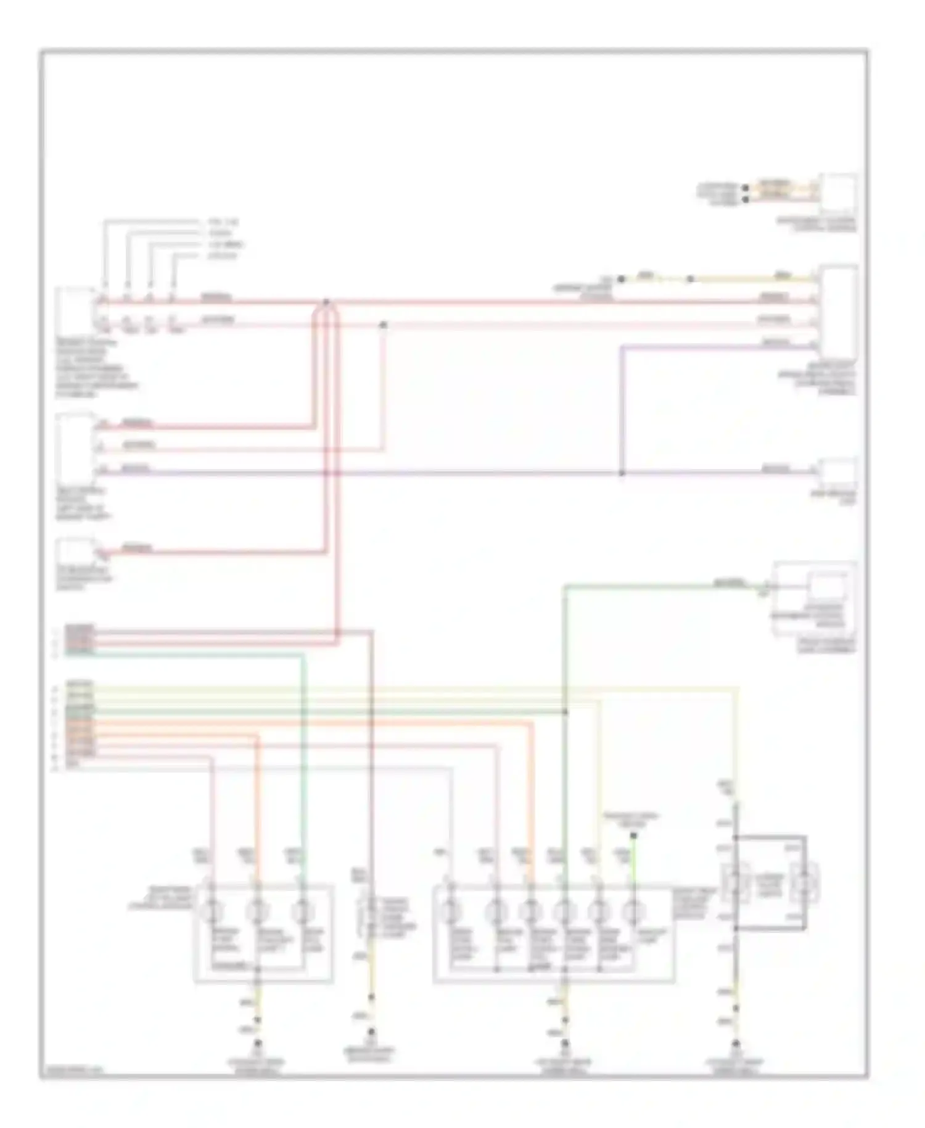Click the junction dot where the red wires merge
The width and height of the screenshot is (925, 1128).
pos(326,302)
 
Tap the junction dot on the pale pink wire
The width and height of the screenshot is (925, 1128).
pos(383,324)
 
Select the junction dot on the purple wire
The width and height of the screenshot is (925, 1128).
pos(622,473)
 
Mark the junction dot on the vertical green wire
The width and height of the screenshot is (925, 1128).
pos(565,712)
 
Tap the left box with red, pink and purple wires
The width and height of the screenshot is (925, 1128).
pos(74,447)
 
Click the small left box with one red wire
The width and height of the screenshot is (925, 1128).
pos(74,549)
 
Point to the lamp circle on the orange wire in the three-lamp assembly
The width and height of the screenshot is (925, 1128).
pos(257,911)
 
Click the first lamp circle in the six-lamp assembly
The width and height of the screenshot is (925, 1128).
pos(450,911)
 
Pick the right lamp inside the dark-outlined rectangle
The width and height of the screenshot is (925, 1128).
pos(805,886)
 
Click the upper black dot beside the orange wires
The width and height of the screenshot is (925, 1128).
pos(746,188)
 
